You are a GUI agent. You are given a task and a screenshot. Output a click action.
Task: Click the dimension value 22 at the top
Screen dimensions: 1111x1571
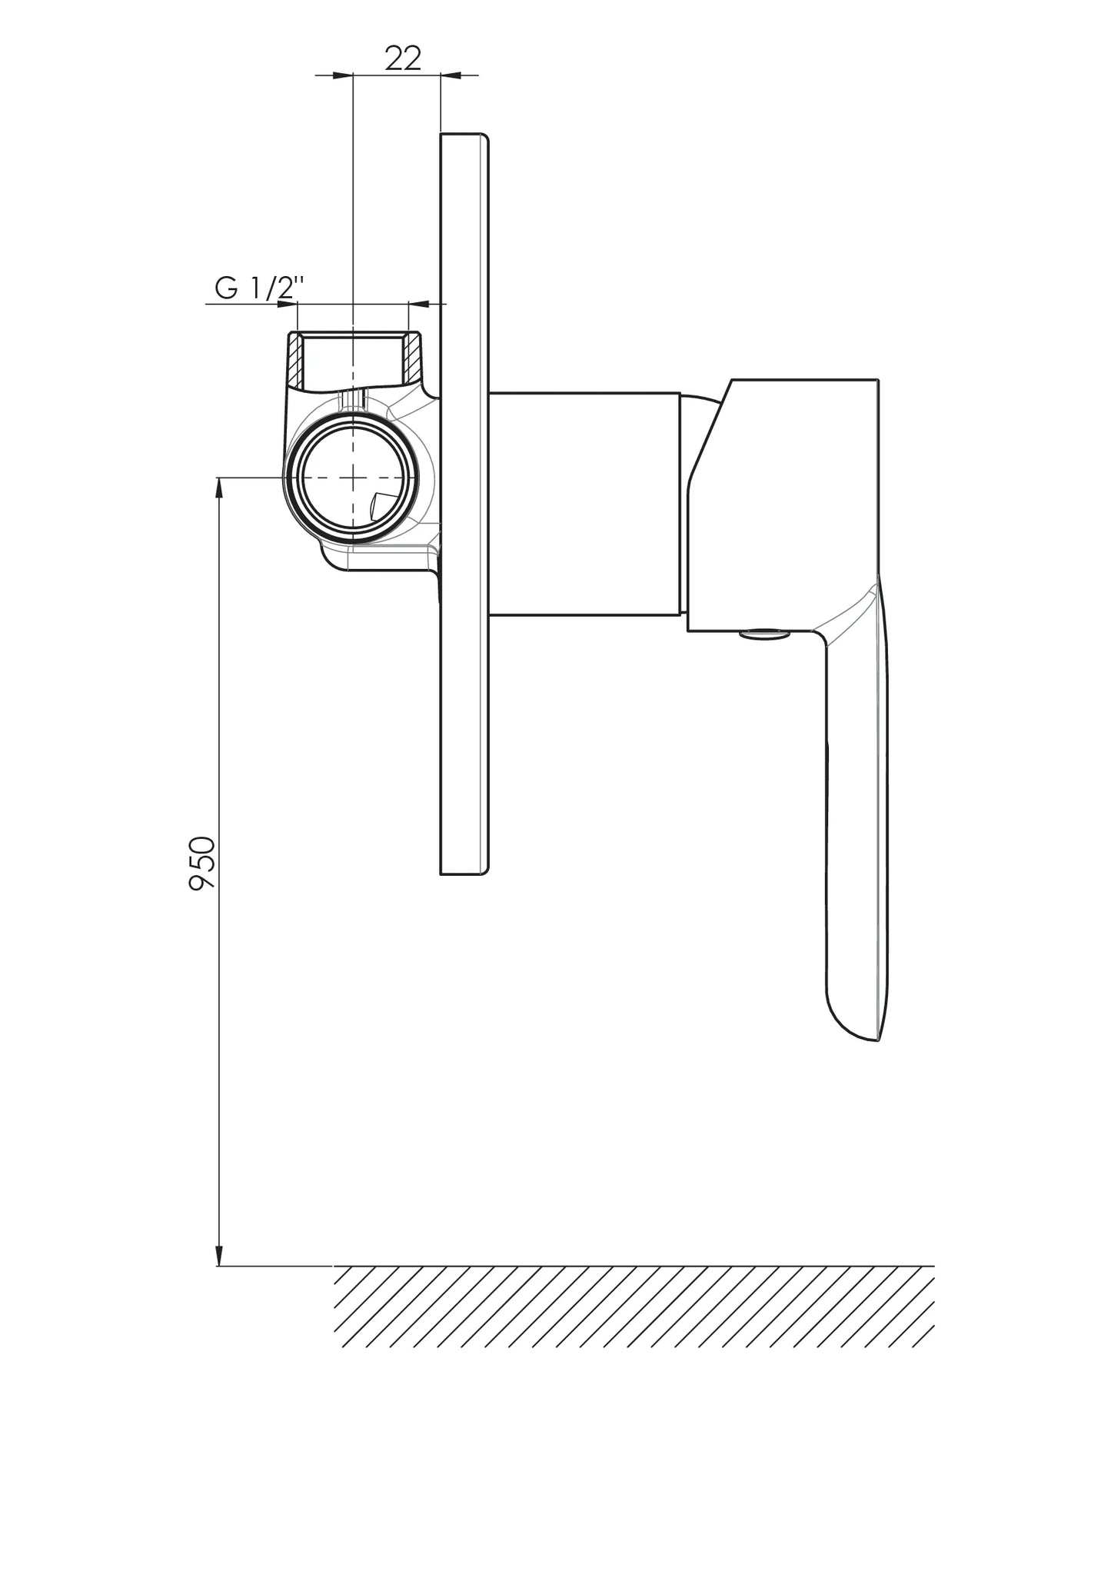pyautogui.click(x=404, y=58)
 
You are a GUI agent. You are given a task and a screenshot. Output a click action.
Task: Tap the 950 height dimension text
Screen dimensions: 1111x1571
pyautogui.click(x=203, y=863)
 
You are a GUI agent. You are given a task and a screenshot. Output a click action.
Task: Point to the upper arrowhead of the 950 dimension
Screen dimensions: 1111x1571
pyautogui.click(x=219, y=488)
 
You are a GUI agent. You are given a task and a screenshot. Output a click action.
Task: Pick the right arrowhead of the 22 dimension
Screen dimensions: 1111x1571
pyautogui.click(x=451, y=75)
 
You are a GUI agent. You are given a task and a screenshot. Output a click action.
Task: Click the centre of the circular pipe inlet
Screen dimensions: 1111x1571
pyautogui.click(x=352, y=478)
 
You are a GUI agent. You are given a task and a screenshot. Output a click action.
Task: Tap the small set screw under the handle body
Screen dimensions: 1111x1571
pyautogui.click(x=764, y=634)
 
